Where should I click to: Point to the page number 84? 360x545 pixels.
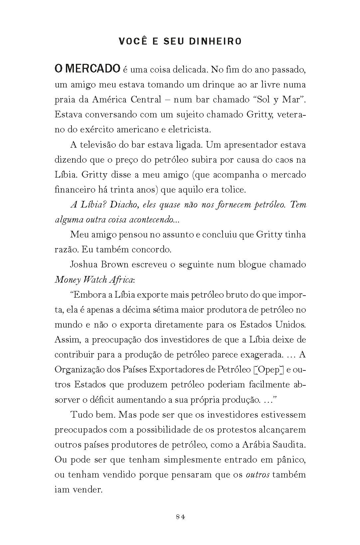(x=180, y=516)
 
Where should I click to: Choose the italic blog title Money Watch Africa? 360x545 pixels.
(x=94, y=280)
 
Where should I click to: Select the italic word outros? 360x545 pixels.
(x=257, y=475)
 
